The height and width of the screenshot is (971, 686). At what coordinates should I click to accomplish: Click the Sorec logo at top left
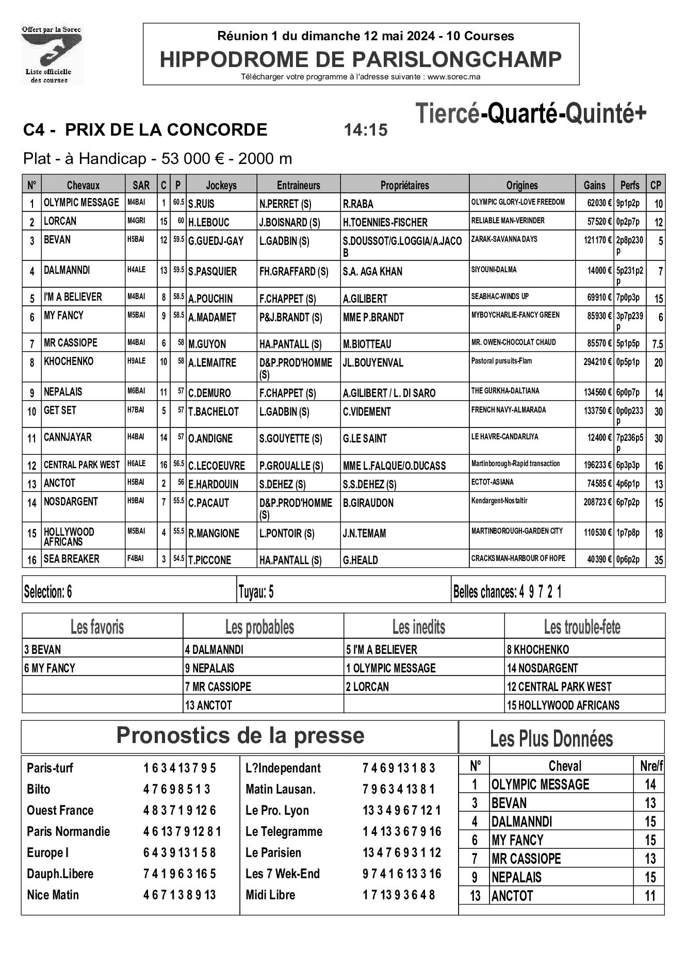[x=52, y=55]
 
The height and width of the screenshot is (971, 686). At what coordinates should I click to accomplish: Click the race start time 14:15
[x=365, y=130]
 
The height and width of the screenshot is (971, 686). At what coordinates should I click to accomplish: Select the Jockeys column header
[x=221, y=185]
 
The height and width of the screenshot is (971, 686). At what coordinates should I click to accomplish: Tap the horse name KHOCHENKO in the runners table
[x=69, y=361]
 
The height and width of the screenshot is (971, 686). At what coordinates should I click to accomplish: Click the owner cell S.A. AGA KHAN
[x=372, y=271]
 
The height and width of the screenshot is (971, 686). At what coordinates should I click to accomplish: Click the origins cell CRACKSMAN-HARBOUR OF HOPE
[x=518, y=558]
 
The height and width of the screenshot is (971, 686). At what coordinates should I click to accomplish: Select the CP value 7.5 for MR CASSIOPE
[x=658, y=344]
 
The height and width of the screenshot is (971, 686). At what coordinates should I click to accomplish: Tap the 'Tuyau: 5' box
[x=256, y=592]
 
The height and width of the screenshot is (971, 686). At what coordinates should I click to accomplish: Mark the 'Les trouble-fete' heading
[x=582, y=627]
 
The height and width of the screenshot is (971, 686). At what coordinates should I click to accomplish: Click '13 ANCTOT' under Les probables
[x=209, y=705]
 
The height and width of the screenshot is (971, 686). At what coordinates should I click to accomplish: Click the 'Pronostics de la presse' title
[x=240, y=735]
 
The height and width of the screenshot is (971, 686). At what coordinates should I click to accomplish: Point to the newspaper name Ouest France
[x=60, y=810]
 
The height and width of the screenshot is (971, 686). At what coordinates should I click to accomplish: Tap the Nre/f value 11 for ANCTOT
[x=650, y=896]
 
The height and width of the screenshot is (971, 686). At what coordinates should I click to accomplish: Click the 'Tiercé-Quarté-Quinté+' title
[x=530, y=114]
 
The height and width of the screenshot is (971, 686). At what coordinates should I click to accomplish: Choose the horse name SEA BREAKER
[x=71, y=559]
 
